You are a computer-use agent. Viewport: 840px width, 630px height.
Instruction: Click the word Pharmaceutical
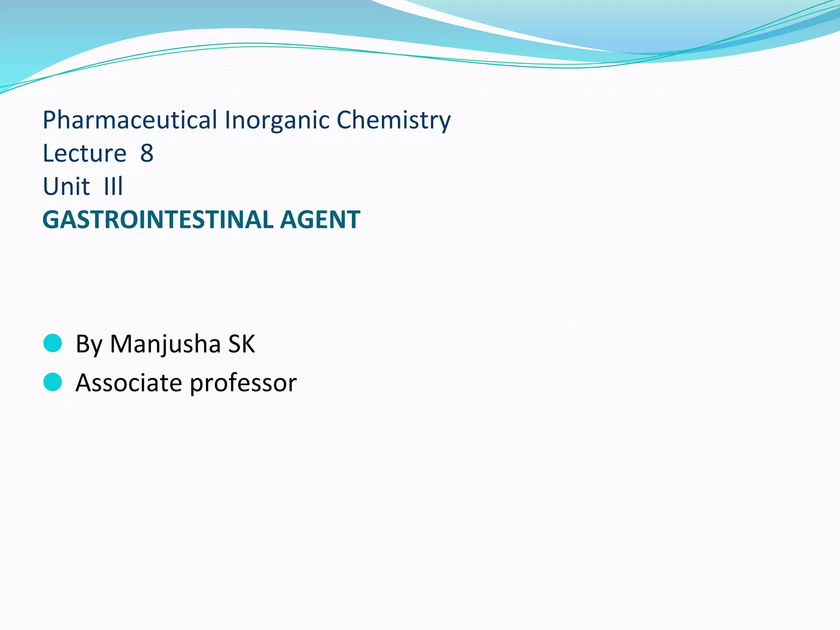coord(130,120)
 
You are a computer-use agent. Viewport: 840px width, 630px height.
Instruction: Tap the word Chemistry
coord(393,120)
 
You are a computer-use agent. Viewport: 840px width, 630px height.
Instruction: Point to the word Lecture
coord(84,153)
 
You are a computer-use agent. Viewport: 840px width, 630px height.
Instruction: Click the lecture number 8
coord(147,153)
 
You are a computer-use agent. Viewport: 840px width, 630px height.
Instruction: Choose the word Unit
coord(66,187)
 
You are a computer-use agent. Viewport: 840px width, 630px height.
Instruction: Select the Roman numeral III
coord(114,187)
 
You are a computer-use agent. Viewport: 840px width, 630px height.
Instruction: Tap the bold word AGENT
coord(320,219)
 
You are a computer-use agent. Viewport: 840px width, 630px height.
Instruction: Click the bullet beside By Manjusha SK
coord(52,343)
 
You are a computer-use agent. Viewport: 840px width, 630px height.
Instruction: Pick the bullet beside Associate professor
coord(52,382)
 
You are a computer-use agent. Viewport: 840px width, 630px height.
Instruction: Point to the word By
coord(89,344)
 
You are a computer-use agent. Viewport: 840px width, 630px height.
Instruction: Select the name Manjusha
coord(165,344)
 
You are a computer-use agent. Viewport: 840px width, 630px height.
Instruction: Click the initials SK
coord(242,344)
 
